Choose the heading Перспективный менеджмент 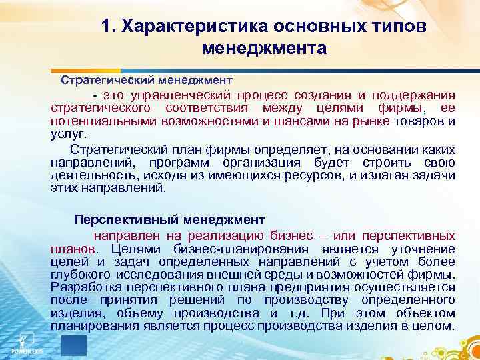point(169,219)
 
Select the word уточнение point(425,249)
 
